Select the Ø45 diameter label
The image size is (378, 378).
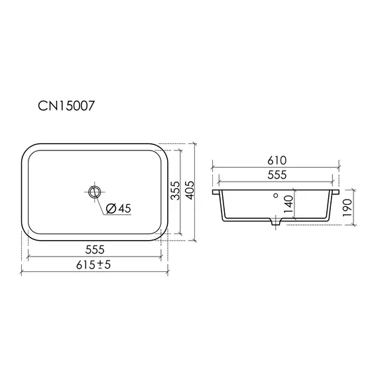119,208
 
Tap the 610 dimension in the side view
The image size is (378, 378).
276,160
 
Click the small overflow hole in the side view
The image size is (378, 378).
275,197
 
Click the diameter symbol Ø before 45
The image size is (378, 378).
110,208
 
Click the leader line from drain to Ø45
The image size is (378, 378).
101,202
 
